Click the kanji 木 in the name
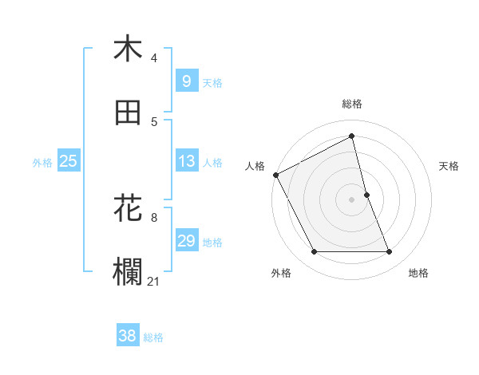tap(128, 49)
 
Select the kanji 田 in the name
tap(128, 112)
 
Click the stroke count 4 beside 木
tap(154, 58)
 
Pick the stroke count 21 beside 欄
tap(154, 282)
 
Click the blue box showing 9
tap(186, 81)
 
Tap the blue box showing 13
tap(186, 161)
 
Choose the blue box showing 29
tap(186, 241)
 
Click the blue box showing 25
tap(69, 161)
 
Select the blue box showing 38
tap(127, 337)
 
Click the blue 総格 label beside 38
tap(153, 337)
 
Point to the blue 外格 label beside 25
tap(42, 162)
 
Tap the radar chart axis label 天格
tap(449, 166)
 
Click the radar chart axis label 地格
tap(418, 273)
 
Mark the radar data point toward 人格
tap(275, 175)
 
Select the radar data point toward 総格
tap(352, 136)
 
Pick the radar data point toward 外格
tap(314, 252)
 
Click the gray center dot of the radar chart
tap(352, 199)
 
